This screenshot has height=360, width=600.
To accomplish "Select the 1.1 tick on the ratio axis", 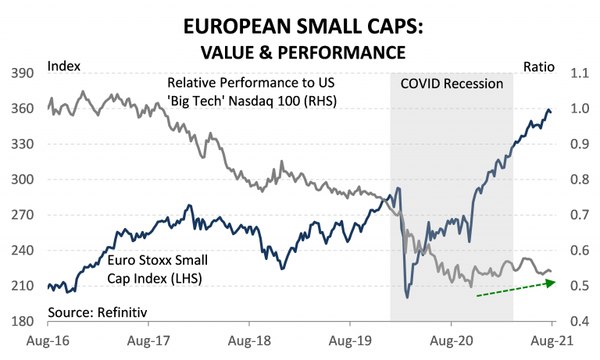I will (x=569, y=73).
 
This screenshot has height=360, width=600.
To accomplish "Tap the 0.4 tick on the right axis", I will (x=569, y=322).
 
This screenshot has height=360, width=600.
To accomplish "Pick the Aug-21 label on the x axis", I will (x=552, y=341).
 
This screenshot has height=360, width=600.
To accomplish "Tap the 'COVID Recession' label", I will (x=452, y=84).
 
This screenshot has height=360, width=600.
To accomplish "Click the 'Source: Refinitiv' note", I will (x=97, y=312).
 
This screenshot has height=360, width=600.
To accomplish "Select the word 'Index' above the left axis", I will (x=64, y=67).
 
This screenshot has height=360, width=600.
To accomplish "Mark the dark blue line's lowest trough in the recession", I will (x=407, y=297).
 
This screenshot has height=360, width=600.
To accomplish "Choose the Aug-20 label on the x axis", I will (x=451, y=341).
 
